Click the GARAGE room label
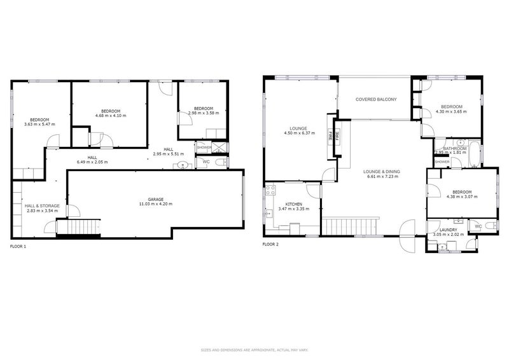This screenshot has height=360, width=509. point(156,199)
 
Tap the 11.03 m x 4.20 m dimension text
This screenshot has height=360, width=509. point(156,204)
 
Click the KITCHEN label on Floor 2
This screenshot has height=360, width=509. point(293,204)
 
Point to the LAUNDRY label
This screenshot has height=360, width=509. point(447,229)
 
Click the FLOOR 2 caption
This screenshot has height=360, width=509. point(270,244)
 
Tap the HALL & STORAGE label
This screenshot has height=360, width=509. point(42,206)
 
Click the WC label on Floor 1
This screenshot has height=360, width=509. point(206,162)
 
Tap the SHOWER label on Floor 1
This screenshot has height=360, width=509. point(204,147)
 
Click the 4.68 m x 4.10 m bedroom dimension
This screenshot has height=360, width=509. point(98,115)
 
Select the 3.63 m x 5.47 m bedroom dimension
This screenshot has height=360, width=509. point(39,124)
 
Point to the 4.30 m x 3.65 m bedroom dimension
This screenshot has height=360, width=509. point(451,111)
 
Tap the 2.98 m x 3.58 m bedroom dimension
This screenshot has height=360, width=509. point(202,113)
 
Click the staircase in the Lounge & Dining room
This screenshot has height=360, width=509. point(349,226)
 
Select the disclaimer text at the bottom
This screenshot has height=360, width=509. point(254,350)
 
